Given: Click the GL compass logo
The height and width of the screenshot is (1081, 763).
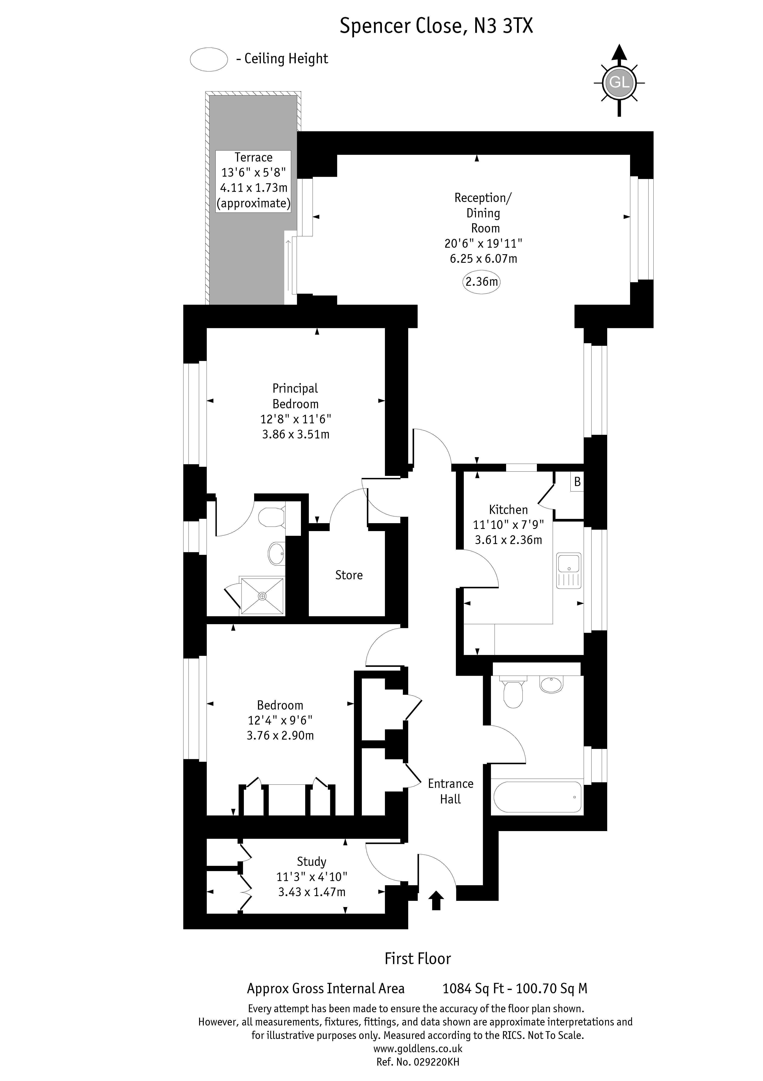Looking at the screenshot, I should [619, 82].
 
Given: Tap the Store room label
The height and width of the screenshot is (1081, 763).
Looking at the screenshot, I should [349, 575].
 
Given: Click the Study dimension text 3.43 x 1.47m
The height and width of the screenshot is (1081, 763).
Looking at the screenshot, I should [312, 892].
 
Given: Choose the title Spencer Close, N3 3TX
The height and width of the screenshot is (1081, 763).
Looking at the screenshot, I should [436, 26].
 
